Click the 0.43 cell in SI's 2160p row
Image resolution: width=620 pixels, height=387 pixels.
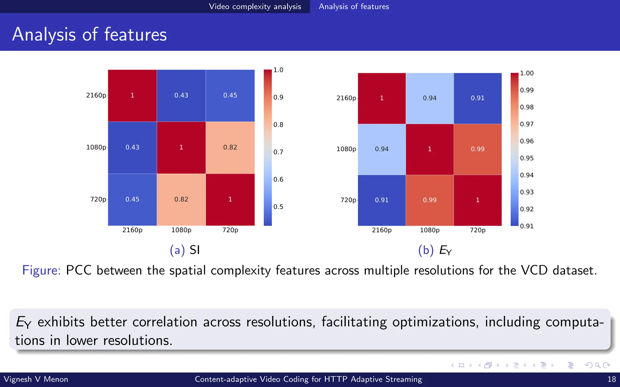(x=181, y=96)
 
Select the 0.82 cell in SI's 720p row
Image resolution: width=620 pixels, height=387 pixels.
(x=181, y=200)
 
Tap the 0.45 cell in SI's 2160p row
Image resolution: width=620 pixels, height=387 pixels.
(x=230, y=96)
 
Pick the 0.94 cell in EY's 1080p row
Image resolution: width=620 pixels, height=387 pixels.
(x=381, y=149)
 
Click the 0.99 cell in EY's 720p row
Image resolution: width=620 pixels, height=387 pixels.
(x=430, y=200)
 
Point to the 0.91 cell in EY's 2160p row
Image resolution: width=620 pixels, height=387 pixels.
(x=477, y=98)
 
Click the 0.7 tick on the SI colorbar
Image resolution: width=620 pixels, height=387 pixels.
(x=278, y=152)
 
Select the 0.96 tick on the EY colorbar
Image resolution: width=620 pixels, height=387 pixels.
(x=526, y=141)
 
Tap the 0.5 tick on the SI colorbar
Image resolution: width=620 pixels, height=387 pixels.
(x=278, y=207)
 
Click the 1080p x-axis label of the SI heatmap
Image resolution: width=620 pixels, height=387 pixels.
(x=181, y=230)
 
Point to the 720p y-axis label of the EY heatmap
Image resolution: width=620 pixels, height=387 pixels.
(x=348, y=200)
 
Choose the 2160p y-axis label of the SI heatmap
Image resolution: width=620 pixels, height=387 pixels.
(x=96, y=96)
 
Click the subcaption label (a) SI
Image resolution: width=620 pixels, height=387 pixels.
(x=185, y=250)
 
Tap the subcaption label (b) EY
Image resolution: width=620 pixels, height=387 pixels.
(x=435, y=250)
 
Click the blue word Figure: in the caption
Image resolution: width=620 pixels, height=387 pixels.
(x=41, y=270)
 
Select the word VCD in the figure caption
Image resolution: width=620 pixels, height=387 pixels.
(x=534, y=270)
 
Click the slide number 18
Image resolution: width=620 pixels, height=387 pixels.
(x=612, y=379)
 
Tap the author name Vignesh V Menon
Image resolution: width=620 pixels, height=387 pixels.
(x=36, y=379)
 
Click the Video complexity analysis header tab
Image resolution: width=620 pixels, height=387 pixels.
(x=255, y=7)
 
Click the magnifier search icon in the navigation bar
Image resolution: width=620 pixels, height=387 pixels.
(x=597, y=365)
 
